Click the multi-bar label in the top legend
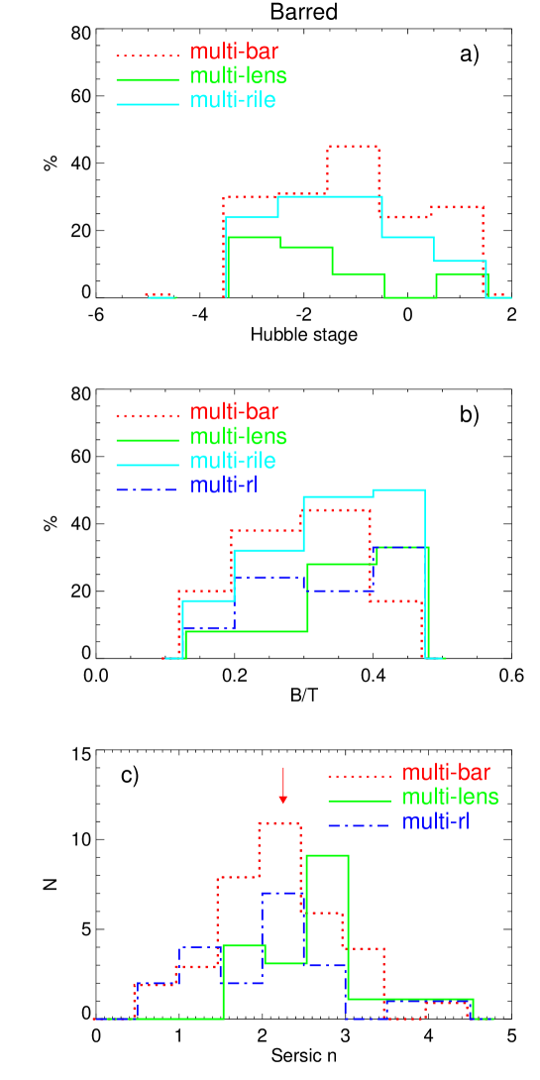[234, 53]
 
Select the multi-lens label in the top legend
[238, 76]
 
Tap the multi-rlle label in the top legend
[233, 101]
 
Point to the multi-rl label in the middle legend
[224, 486]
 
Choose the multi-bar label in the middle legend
[234, 412]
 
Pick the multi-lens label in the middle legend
[238, 437]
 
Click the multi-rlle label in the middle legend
[233, 461]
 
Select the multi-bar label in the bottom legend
[446, 773]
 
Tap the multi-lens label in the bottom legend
[450, 798]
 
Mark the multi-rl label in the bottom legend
[436, 821]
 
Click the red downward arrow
[283, 786]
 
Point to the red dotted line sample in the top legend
[148, 55]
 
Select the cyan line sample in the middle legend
[148, 464]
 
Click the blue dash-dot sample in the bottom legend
[360, 824]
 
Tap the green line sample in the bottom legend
[360, 800]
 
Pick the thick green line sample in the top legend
[148, 79]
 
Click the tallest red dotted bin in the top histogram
[353, 147]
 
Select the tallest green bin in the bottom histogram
[327, 855]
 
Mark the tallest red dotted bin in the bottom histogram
[279, 823]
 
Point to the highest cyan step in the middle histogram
[398, 490]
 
